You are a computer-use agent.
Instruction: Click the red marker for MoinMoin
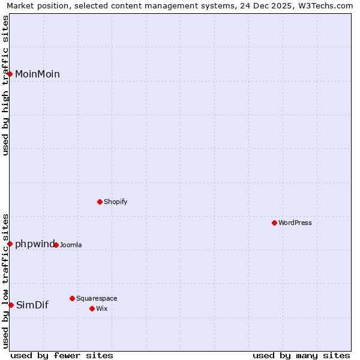pos(10,74)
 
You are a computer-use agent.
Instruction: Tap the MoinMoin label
pos(37,74)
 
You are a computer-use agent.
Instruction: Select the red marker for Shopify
pos(100,202)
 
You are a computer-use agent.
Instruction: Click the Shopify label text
pos(115,202)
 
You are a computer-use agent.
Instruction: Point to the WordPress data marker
pos(274,223)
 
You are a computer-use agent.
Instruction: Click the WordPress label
pos(295,223)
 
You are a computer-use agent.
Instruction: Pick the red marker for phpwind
pos(10,244)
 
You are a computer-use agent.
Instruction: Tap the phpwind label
pos(34,244)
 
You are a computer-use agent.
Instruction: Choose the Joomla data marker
pos(56,245)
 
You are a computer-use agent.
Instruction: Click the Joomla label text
pos(71,245)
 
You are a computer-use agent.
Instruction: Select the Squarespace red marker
pos(72,298)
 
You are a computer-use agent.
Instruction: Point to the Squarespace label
pos(97,299)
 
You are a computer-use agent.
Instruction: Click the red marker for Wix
pos(92,308)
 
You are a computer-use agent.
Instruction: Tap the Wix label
pos(102,309)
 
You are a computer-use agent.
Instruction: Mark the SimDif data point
pos(11,305)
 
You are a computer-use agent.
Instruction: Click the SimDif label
pos(32,305)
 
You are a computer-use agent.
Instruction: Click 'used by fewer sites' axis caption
pos(62,356)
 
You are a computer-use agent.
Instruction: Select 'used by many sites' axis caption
pos(301,356)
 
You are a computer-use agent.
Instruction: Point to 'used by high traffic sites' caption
pos(6,85)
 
